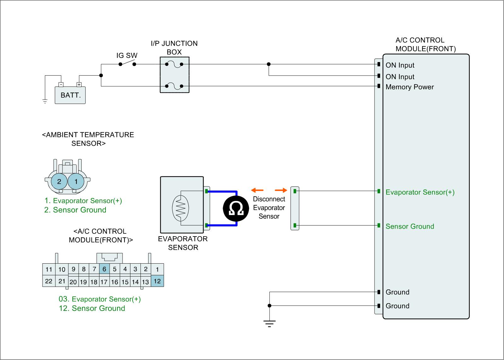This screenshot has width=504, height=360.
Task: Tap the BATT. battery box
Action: pos(70,95)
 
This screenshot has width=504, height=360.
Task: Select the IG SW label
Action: pos(127,56)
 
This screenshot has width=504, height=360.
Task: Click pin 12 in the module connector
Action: pos(157,281)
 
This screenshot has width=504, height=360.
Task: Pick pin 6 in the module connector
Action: pos(104,269)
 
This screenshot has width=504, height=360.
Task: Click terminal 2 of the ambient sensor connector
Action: pos(59,181)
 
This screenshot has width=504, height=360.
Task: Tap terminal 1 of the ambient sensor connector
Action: pos(76,181)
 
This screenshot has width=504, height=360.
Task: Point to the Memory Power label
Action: pos(409,87)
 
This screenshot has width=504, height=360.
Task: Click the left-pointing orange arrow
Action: pos(257,190)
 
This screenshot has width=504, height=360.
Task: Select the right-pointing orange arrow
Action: pos(281,190)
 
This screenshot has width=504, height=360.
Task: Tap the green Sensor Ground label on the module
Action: pos(409,226)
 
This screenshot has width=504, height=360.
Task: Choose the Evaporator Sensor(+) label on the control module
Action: pos(420,192)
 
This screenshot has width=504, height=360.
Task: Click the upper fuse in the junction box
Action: pos(174,64)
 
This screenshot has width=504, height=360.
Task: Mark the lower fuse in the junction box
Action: pos(174,86)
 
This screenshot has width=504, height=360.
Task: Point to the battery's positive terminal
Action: pos(79,84)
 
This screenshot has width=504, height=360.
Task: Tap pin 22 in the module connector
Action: pos(49,281)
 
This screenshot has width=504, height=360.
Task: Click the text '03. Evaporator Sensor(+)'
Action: pos(100,299)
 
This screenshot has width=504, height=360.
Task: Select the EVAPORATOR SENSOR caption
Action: pos(183,243)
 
